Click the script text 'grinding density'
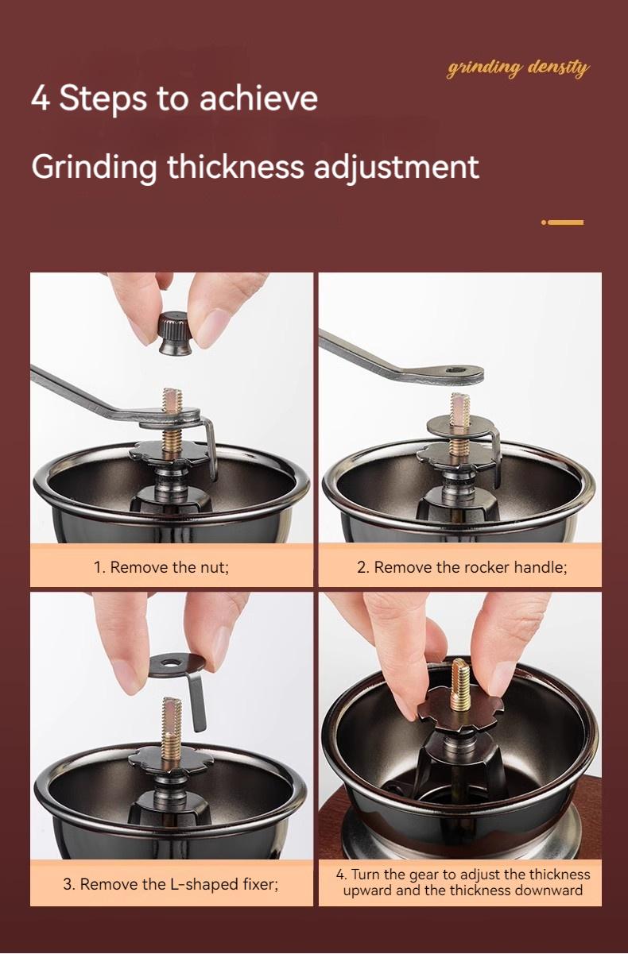tap(518, 68)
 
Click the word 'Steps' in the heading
tap(103, 98)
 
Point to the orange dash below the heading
tap(565, 222)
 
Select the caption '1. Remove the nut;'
tap(161, 567)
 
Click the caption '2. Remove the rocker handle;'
tap(462, 567)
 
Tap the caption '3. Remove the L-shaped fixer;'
tap(171, 883)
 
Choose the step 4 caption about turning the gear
tap(463, 883)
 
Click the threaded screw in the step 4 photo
tap(460, 685)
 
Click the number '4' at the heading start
tap(40, 98)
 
